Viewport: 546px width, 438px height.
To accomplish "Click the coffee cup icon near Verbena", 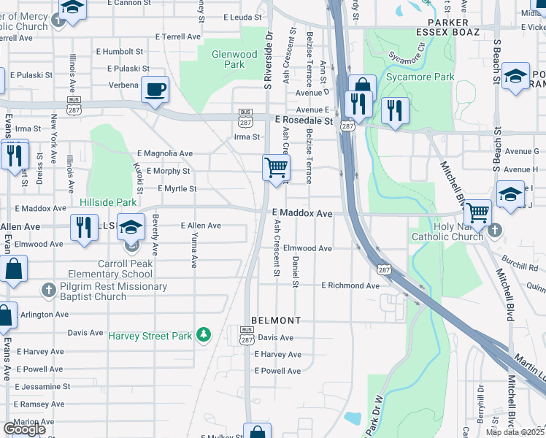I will (155, 91).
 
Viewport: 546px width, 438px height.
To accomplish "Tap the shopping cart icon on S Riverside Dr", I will (276, 167).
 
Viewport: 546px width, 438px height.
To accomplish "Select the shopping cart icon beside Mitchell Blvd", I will (477, 212).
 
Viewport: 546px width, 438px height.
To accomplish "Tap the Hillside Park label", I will (108, 201).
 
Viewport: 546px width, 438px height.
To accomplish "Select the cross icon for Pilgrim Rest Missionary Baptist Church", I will (48, 291).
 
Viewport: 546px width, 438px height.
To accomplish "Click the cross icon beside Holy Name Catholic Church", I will (495, 231).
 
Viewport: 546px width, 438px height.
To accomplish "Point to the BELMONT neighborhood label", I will (276, 320).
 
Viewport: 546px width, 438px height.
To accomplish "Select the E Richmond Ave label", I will (350, 285).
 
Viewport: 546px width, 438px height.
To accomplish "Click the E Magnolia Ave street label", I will (165, 153).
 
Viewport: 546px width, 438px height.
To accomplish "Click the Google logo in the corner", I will (24, 429).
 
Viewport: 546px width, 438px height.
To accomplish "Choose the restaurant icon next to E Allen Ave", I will (85, 227).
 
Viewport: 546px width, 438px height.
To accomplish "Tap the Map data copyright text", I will (515, 432).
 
